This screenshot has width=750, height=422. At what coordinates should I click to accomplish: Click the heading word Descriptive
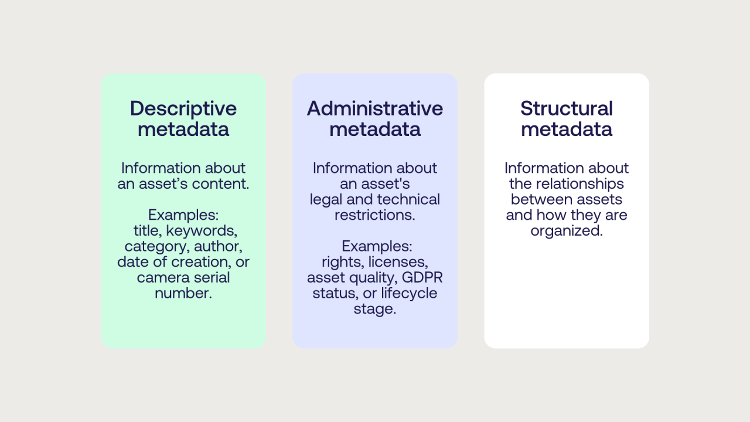183,108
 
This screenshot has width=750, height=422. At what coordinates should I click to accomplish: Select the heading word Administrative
375,108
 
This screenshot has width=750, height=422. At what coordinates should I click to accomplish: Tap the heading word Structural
567,108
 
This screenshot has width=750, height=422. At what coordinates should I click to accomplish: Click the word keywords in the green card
202,230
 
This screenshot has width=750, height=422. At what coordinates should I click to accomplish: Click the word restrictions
375,215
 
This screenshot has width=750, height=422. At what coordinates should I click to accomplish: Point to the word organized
567,231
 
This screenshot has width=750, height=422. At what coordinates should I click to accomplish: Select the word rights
342,261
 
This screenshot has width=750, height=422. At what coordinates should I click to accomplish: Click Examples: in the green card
183,215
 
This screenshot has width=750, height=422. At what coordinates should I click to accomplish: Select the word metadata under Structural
567,129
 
